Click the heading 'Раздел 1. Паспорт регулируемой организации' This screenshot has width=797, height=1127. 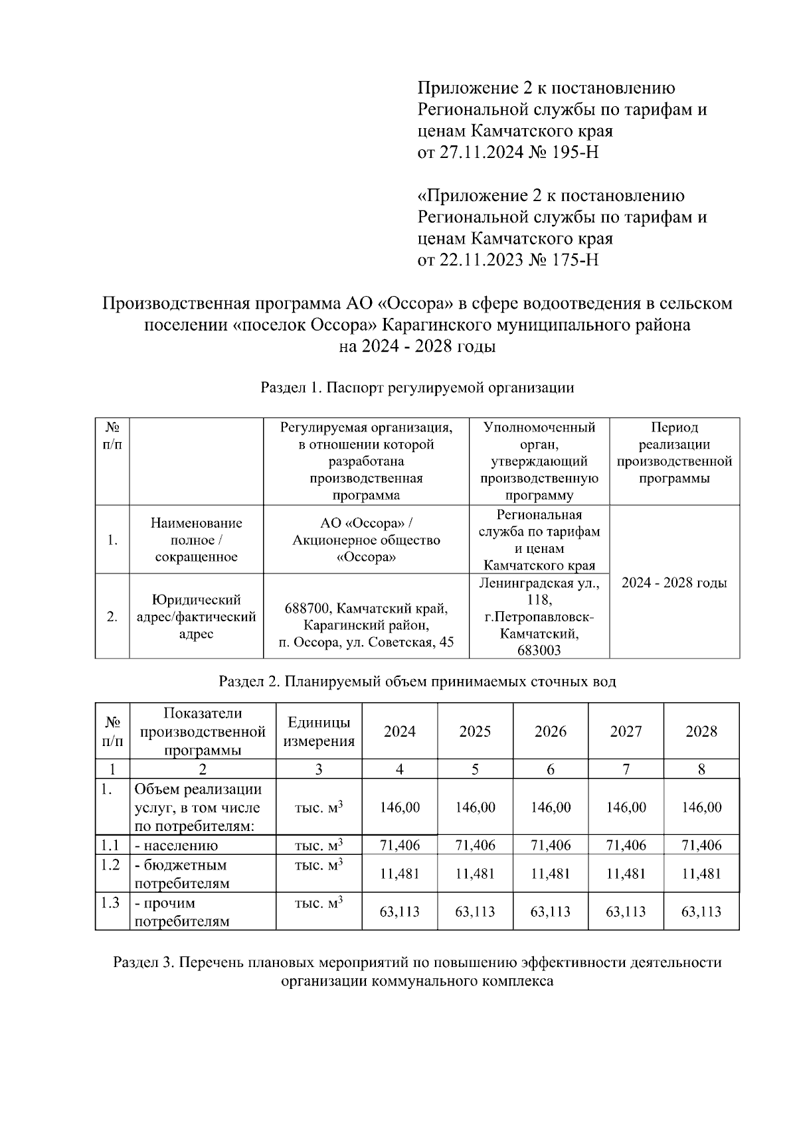pyautogui.click(x=417, y=388)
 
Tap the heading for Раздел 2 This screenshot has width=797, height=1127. pyautogui.click(x=417, y=682)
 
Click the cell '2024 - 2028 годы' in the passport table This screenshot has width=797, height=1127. pyautogui.click(x=674, y=583)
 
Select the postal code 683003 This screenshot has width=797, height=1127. pyautogui.click(x=539, y=650)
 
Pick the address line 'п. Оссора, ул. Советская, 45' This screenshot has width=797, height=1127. pyautogui.click(x=366, y=642)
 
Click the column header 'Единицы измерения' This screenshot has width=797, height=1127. pyautogui.click(x=319, y=731)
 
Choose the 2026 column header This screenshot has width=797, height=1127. pyautogui.click(x=551, y=731)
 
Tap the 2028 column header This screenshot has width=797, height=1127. pyautogui.click(x=701, y=731)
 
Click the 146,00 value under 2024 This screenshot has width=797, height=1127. pyautogui.click(x=400, y=808)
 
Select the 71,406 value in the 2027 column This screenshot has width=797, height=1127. pyautogui.click(x=626, y=846)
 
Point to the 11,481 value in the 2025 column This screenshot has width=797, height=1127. pyautogui.click(x=475, y=874)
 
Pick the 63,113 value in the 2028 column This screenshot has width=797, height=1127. pyautogui.click(x=701, y=912)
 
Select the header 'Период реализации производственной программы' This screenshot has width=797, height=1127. pyautogui.click(x=674, y=453)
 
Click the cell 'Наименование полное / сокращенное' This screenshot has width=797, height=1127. pyautogui.click(x=196, y=540)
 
